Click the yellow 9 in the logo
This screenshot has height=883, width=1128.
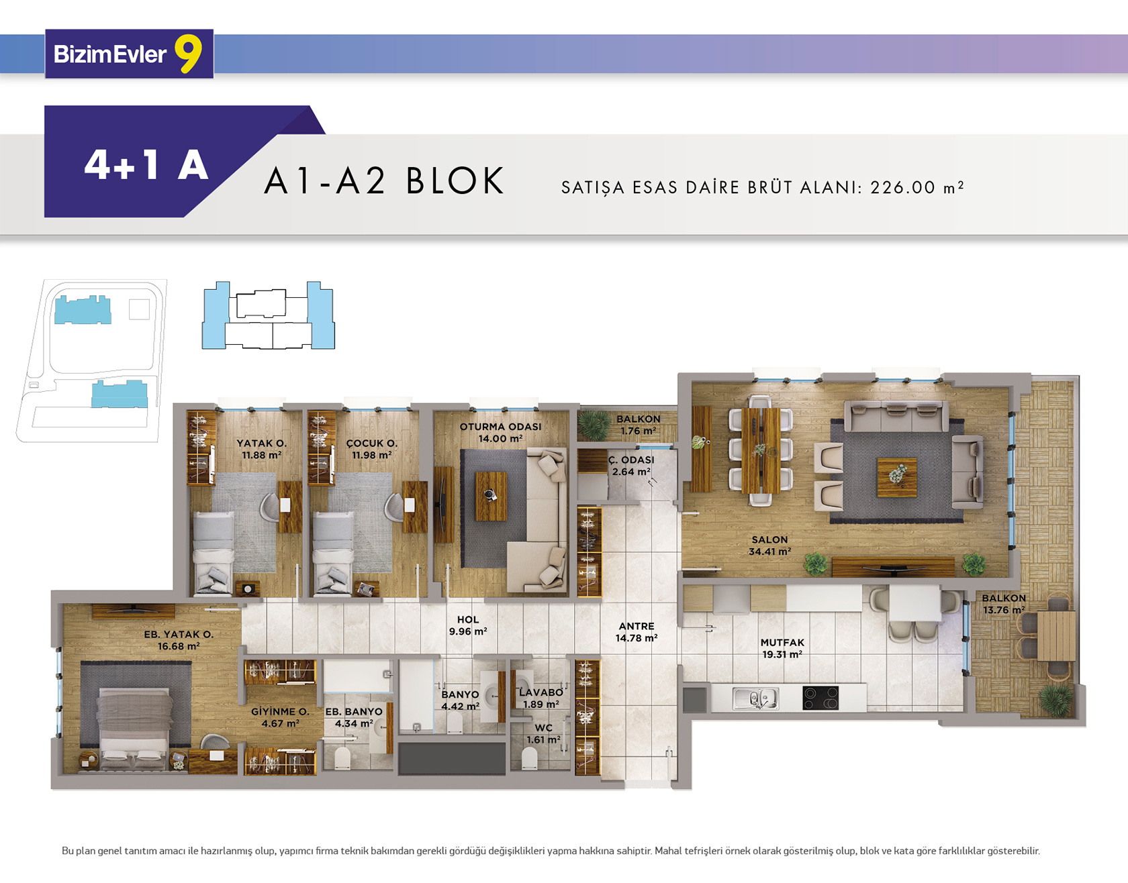point(189,53)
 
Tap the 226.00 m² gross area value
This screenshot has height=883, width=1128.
point(917,187)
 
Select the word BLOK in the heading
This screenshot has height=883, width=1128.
point(455,180)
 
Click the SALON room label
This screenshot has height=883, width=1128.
point(770,539)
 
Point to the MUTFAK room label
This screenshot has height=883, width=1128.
point(782,642)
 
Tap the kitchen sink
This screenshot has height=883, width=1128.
point(755,698)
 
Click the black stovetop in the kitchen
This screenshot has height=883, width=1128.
point(820,698)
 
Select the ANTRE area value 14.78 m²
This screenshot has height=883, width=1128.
point(637,638)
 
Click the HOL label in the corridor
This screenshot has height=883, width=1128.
point(468,620)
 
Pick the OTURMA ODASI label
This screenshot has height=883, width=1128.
point(500,427)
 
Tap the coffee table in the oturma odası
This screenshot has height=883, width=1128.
point(491,496)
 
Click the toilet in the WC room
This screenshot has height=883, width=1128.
point(530,759)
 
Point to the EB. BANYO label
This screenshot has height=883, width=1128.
point(354,711)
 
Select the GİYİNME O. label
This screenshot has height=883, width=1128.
point(280,711)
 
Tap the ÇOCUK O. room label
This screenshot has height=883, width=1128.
point(372,444)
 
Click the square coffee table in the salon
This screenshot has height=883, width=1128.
point(896,477)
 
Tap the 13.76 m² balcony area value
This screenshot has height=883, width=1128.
point(1004,610)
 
